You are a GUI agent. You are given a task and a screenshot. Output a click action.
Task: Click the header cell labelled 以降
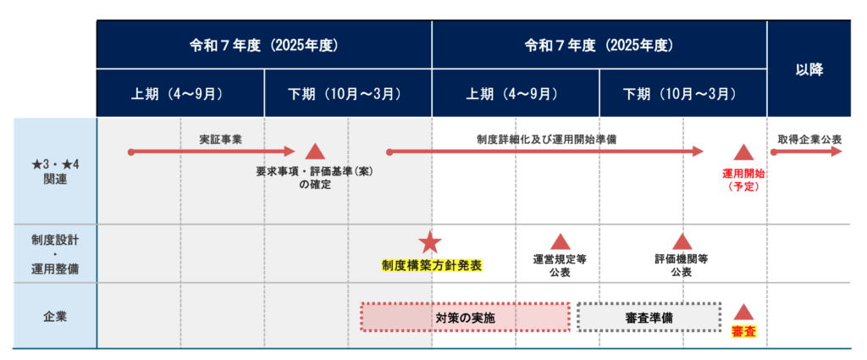point(809,69)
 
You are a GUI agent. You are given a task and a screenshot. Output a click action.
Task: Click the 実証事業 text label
point(221,138)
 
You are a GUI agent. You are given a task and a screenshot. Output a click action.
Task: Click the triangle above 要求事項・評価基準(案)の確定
point(315,152)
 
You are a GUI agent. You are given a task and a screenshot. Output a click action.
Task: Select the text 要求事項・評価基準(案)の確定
point(314,177)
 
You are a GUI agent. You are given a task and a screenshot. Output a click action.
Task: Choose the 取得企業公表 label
point(809,138)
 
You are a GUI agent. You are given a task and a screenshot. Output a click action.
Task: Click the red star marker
point(431,242)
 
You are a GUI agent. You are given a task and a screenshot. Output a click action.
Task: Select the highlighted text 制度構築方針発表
point(432,265)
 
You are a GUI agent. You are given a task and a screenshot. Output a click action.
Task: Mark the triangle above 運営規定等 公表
point(560,241)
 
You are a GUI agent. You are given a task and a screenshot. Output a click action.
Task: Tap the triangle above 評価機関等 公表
point(682,241)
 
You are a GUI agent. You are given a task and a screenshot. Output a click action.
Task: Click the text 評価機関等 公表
point(682,265)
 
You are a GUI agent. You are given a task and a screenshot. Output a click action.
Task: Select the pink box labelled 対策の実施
point(465,317)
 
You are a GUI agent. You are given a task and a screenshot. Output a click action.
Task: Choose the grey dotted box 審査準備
point(649,317)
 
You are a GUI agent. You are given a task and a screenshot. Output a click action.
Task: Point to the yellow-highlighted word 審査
point(743,333)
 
